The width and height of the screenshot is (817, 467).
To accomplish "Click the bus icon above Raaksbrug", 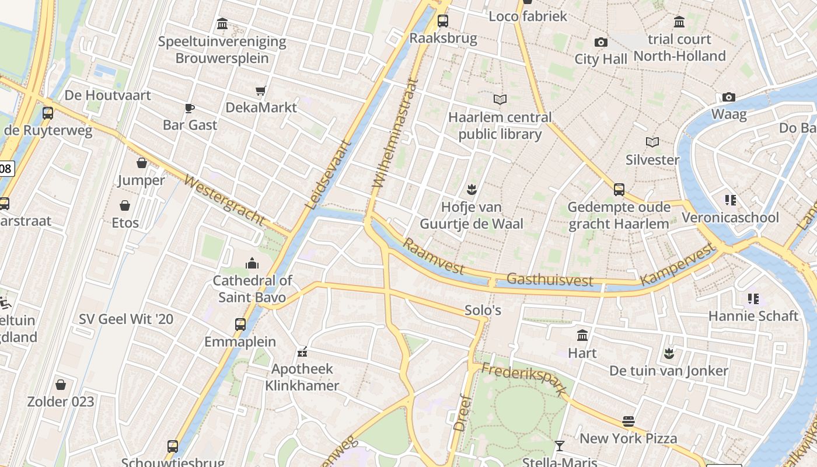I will [443, 21].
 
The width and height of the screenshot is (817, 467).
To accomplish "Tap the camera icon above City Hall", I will [600, 42].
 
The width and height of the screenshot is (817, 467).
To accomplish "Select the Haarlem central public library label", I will [500, 126].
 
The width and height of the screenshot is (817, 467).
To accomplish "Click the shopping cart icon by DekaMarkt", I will [261, 90].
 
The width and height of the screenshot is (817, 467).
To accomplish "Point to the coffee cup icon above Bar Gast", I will [190, 107].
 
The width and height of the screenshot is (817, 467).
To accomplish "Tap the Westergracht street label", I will [224, 200].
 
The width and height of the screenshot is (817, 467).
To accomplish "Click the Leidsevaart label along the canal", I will [329, 175].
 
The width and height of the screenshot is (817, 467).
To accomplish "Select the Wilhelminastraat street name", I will [396, 134].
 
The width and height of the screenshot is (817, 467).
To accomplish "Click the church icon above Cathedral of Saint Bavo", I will [252, 263].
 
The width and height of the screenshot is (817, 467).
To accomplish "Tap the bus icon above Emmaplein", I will [240, 324].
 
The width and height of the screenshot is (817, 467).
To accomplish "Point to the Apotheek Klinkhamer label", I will [302, 377].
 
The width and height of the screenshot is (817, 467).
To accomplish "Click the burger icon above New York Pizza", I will [629, 421].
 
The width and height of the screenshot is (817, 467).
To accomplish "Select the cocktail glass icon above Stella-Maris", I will [560, 445].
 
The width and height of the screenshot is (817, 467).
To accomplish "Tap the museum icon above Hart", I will [582, 335].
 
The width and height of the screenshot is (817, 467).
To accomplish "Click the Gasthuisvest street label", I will [550, 280].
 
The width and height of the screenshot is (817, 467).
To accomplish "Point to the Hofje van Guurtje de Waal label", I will [472, 215].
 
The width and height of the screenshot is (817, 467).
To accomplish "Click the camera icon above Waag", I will [728, 97].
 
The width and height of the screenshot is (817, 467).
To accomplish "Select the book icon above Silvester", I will [652, 142].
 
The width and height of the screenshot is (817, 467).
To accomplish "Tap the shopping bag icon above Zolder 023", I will [61, 384].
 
